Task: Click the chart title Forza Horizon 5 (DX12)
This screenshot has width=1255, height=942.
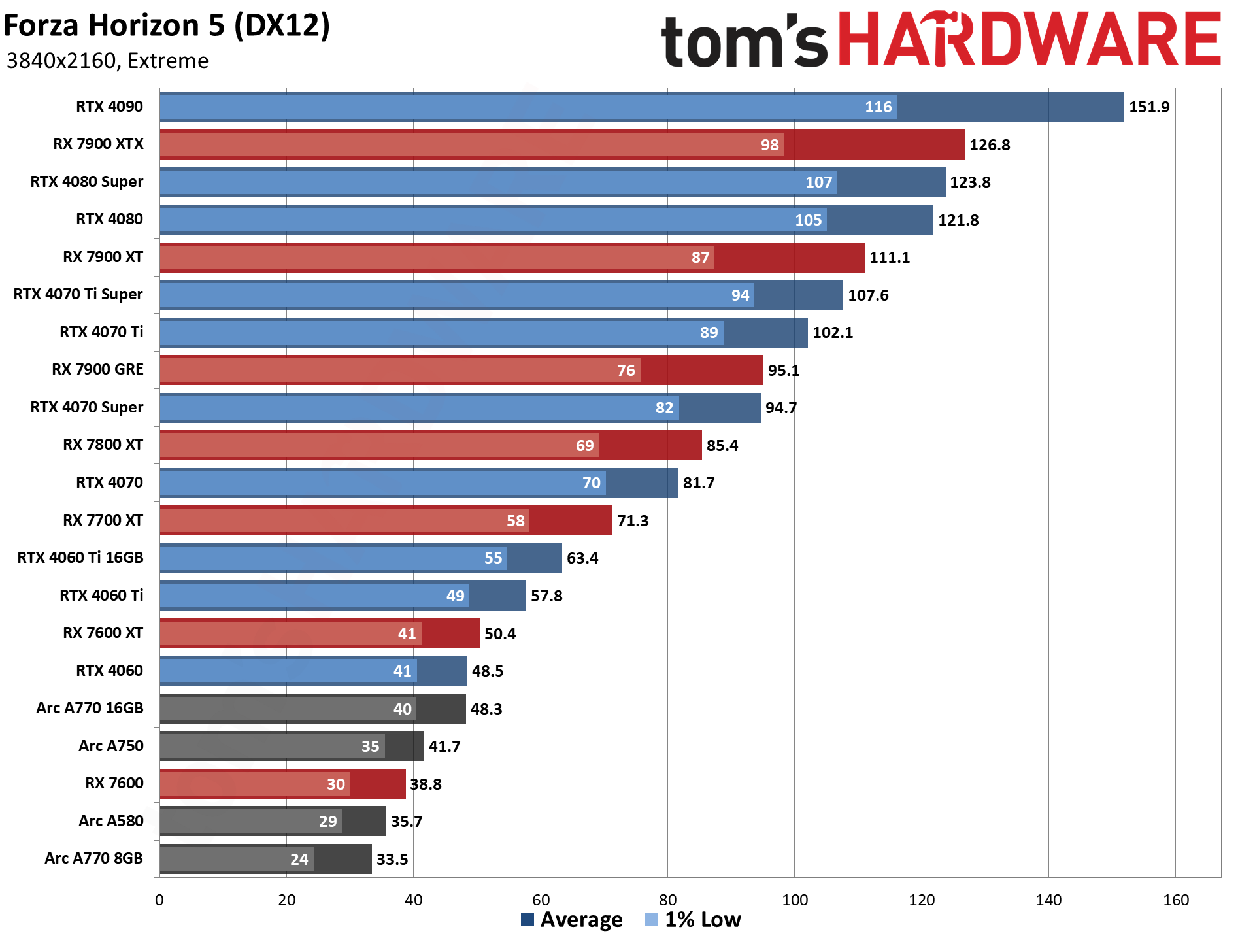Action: point(167,26)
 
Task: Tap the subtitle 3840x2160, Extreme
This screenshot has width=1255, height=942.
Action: point(107,61)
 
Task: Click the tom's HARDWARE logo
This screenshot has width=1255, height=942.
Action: point(941,39)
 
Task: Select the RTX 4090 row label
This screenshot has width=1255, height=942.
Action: point(109,107)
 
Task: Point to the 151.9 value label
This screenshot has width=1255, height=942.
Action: point(1149,107)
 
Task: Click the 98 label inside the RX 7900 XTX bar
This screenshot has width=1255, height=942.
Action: point(769,145)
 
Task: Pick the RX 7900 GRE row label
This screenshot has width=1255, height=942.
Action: point(97,369)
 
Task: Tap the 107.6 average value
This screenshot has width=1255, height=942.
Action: point(868,295)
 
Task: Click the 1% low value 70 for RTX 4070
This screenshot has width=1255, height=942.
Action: point(591,483)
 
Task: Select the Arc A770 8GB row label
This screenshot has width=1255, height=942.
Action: point(93,858)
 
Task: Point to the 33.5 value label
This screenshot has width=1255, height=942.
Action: point(392,860)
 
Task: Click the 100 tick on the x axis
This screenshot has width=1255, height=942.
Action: point(795,900)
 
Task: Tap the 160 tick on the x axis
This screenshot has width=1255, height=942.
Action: point(1175,900)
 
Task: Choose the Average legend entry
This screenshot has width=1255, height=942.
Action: point(572,920)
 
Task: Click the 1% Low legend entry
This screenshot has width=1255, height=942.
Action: point(694,920)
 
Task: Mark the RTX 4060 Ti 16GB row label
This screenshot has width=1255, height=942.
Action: point(80,558)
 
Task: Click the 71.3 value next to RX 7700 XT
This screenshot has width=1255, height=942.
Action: point(633,521)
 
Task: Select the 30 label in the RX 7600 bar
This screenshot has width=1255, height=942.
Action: point(335,784)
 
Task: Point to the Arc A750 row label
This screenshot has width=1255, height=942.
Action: point(111,746)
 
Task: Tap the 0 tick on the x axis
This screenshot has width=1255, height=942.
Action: point(159,900)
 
